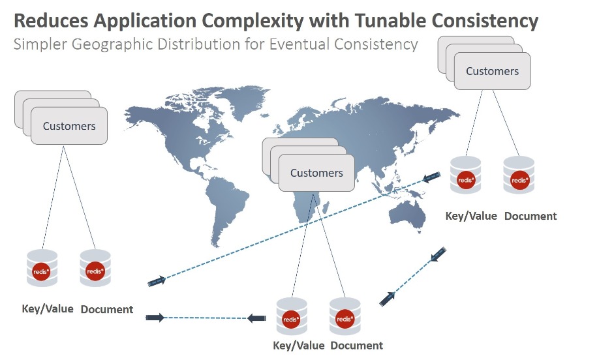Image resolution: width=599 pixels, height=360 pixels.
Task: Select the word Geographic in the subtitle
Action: click(112, 45)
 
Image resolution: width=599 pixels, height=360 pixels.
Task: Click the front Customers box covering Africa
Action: click(316, 173)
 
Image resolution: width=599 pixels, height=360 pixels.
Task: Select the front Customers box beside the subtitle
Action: click(492, 71)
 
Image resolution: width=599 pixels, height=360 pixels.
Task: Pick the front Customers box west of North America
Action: click(69, 126)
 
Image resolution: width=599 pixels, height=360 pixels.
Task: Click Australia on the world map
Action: click(408, 215)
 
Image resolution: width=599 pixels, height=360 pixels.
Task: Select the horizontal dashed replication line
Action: click(206, 318)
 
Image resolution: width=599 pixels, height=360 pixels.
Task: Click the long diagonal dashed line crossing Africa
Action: click(294, 229)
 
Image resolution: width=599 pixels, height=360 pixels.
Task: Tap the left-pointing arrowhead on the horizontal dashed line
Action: click(256, 318)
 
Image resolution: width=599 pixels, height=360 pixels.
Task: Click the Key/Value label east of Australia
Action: click(471, 216)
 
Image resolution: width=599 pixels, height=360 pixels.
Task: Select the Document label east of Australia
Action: click(530, 216)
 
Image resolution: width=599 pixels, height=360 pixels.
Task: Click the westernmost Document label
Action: click(107, 309)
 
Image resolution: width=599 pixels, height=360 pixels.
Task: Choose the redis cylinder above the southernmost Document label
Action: click(345, 316)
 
